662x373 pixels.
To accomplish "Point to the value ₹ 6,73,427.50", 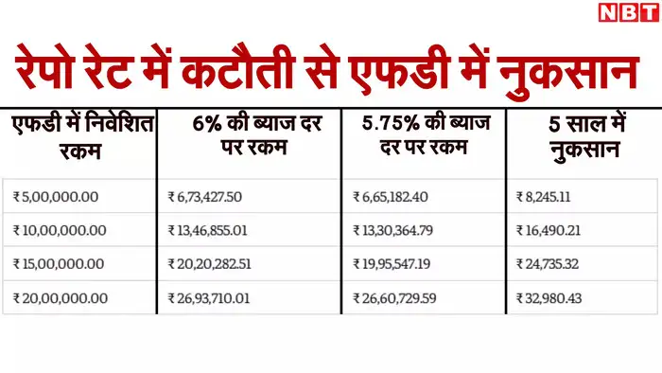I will coord(211,197).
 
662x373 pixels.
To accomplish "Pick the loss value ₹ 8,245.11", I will coord(554,197).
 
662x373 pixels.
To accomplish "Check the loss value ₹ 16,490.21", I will coord(558,231).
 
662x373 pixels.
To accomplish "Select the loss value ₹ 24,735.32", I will coord(558,264).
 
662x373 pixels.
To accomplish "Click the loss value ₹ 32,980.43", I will coord(558,298).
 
